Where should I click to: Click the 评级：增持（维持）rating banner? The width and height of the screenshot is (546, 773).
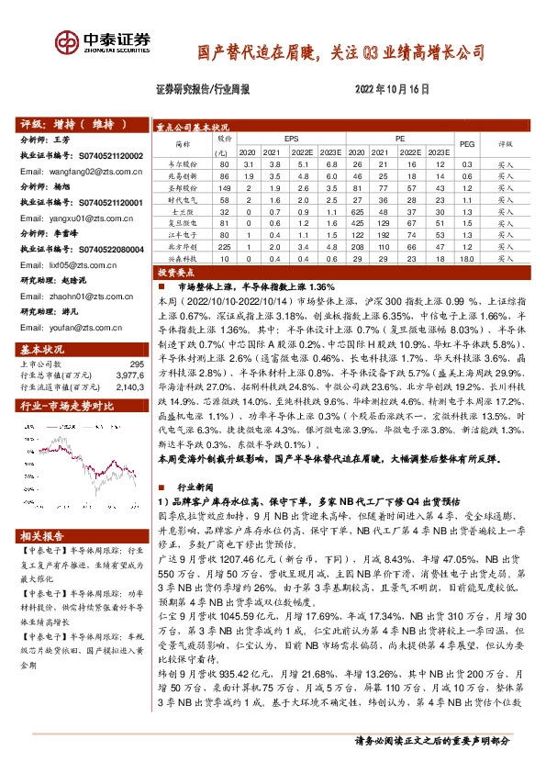(68, 125)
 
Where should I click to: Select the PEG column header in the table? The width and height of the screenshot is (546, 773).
(466, 144)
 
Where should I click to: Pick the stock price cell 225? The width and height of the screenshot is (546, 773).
(220, 246)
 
